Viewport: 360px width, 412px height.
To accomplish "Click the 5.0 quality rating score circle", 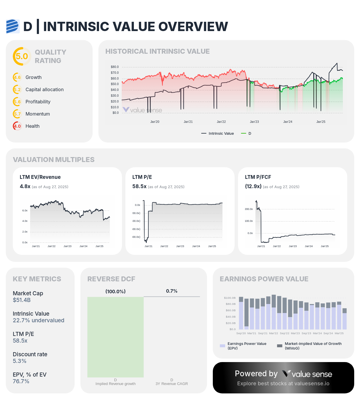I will coord(22,56).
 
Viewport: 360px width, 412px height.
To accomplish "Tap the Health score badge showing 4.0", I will coord(17,126).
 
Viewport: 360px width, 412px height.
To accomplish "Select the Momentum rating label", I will coord(38,114).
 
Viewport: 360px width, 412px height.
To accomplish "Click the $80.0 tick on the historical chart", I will coord(115,67).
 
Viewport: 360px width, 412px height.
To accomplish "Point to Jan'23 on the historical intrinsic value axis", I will coord(254,122).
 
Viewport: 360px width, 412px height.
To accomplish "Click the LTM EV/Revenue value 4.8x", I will coord(25,186).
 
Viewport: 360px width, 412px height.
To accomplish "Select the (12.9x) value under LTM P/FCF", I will coord(253,186).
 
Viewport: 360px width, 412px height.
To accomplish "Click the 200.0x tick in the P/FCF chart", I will coord(249,209).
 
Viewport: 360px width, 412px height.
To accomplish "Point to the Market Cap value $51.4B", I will coord(22,300).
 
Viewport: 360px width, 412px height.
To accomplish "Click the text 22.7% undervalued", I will coord(38,320).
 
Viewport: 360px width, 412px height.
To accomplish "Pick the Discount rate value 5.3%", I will coord(19,361).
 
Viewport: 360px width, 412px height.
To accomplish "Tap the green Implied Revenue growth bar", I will coord(116,337).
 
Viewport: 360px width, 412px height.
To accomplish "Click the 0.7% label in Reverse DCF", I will coord(172,291).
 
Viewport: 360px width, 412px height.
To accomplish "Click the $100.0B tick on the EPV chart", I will coord(230,298).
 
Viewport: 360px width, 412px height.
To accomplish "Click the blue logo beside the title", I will coord(12,26).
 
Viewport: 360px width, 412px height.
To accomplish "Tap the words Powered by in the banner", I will coord(256,374).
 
